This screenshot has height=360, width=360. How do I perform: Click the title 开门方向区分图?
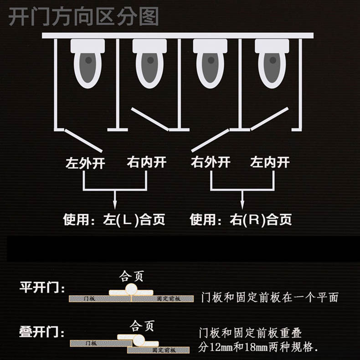tap(83, 16)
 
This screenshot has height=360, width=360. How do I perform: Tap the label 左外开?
tap(85, 163)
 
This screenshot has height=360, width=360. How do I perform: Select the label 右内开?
tap(147, 162)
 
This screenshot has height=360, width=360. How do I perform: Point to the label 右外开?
tap(211, 162)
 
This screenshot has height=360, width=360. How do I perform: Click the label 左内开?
tap(270, 162)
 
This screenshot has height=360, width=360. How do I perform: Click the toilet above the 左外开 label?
tap(87, 63)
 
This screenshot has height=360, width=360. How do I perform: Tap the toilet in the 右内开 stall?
tap(149, 63)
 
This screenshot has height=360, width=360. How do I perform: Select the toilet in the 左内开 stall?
tap(272, 63)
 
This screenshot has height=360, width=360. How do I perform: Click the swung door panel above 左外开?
tap(83, 140)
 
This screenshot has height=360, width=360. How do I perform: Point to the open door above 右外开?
tap(210, 140)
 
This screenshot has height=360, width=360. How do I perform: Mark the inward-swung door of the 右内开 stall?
tap(149, 119)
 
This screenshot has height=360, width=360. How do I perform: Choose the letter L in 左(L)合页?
tap(127, 220)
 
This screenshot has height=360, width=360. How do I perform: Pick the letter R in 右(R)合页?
tap(254, 220)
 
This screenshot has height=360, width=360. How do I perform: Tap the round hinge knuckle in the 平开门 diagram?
tap(131, 289)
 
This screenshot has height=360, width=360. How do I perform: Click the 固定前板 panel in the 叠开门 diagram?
tap(159, 350)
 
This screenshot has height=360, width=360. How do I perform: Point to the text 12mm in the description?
tap(221, 347)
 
